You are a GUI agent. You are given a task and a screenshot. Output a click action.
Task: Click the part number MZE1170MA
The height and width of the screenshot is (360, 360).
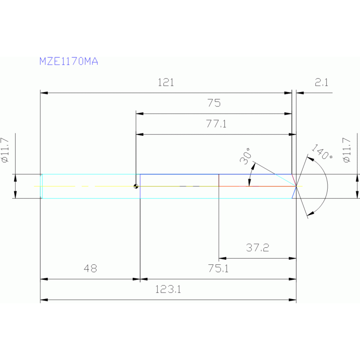pyautogui.click(x=69, y=61)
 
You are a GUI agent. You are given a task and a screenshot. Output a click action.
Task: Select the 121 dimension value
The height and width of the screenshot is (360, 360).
pyautogui.click(x=166, y=83)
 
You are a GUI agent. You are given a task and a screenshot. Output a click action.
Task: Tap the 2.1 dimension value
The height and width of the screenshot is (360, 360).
pyautogui.click(x=322, y=83)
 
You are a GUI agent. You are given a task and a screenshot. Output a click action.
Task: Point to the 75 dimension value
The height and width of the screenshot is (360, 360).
pyautogui.click(x=214, y=103)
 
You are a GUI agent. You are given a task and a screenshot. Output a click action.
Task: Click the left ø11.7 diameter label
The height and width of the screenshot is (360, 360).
pyautogui.click(x=6, y=150)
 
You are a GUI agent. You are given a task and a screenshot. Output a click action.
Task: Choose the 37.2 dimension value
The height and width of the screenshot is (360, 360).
pyautogui.click(x=258, y=248)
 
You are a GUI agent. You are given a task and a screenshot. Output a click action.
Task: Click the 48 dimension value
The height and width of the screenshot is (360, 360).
pyautogui.click(x=90, y=269)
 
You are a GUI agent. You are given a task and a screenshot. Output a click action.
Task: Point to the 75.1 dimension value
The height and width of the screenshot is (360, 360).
pyautogui.click(x=218, y=269)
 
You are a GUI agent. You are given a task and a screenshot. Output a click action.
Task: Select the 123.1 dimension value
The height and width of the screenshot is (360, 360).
pyautogui.click(x=168, y=290)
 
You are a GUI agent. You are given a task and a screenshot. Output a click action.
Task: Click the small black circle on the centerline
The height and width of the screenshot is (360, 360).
pyautogui.click(x=136, y=186)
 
